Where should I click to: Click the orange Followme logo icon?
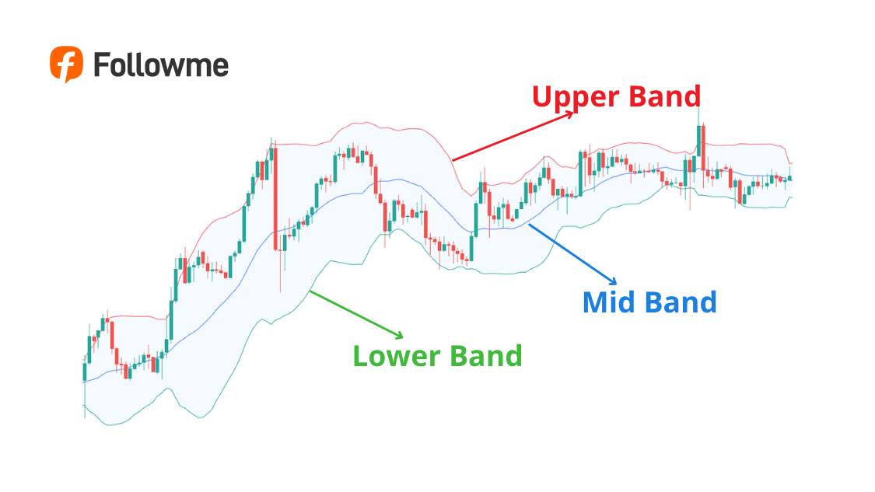[66, 64]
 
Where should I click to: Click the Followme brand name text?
[161, 65]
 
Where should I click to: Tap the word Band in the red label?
[663, 97]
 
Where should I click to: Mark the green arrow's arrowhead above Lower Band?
[400, 336]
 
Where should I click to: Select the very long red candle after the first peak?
[275, 198]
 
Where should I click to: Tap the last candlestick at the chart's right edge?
[790, 178]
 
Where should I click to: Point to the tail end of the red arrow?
[453, 160]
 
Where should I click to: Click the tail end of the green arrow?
[310, 291]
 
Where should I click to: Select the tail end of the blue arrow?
[529, 225]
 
